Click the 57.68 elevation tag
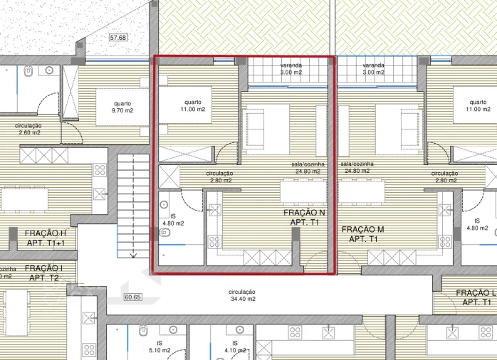[117, 37]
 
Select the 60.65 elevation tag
[132, 297]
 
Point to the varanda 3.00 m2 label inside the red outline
[291, 68]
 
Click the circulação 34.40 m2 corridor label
[242, 295]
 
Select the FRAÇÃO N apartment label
[304, 217]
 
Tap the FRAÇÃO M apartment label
[362, 234]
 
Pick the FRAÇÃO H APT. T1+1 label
[46, 238]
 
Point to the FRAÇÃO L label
[475, 297]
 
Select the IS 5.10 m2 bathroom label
[155, 346]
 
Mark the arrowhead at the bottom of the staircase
[133, 253]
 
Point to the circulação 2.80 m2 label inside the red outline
[220, 176]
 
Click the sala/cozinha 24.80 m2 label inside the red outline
[308, 167]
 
